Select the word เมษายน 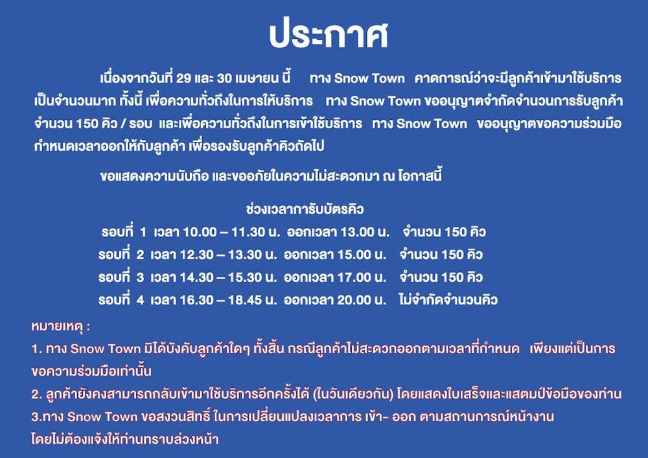tap(256, 78)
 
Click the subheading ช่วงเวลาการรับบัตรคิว tap(305, 209)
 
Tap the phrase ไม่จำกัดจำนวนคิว tap(448, 299)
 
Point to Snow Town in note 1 tap(106, 349)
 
